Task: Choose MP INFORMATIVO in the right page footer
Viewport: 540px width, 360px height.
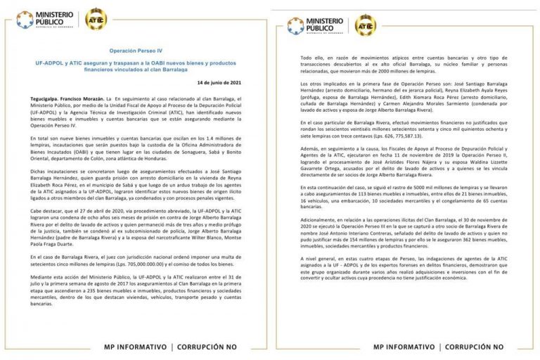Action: pos(404,347)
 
